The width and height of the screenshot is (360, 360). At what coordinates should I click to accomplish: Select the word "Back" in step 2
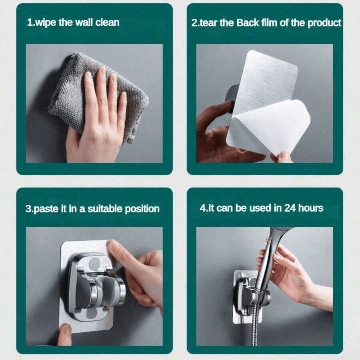pyautogui.click(x=247, y=23)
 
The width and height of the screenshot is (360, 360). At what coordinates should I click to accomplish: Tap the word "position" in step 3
pyautogui.click(x=142, y=209)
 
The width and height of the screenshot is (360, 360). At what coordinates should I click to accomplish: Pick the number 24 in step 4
pyautogui.click(x=290, y=208)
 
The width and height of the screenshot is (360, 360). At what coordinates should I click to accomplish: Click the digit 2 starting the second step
pyautogui.click(x=194, y=23)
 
